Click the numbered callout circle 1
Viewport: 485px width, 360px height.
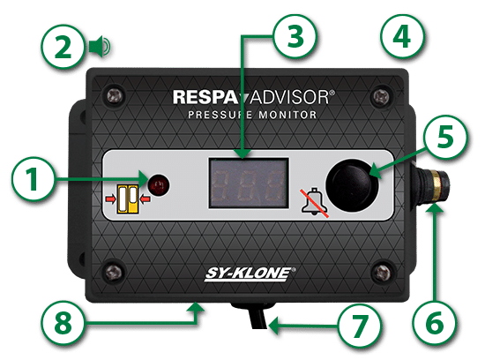point(34,179)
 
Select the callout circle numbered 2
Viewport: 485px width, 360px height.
point(63,47)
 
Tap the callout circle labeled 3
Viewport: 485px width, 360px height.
point(295,36)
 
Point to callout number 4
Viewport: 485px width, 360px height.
point(402,36)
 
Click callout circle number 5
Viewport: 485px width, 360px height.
point(444,137)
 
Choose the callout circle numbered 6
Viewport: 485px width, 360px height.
point(434,323)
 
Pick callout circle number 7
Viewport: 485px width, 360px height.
point(360,326)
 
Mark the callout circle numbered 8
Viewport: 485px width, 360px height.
point(63,323)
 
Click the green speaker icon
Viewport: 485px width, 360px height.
point(100,47)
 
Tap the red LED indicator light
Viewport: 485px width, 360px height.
point(159,185)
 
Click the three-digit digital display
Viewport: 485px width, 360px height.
point(249,183)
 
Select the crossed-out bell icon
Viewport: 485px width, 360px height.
point(314,202)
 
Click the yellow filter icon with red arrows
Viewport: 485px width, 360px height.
point(128,199)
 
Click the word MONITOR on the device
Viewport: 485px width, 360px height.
point(287,115)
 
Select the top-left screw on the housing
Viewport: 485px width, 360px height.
point(116,95)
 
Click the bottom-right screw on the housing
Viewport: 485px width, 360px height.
point(383,272)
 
